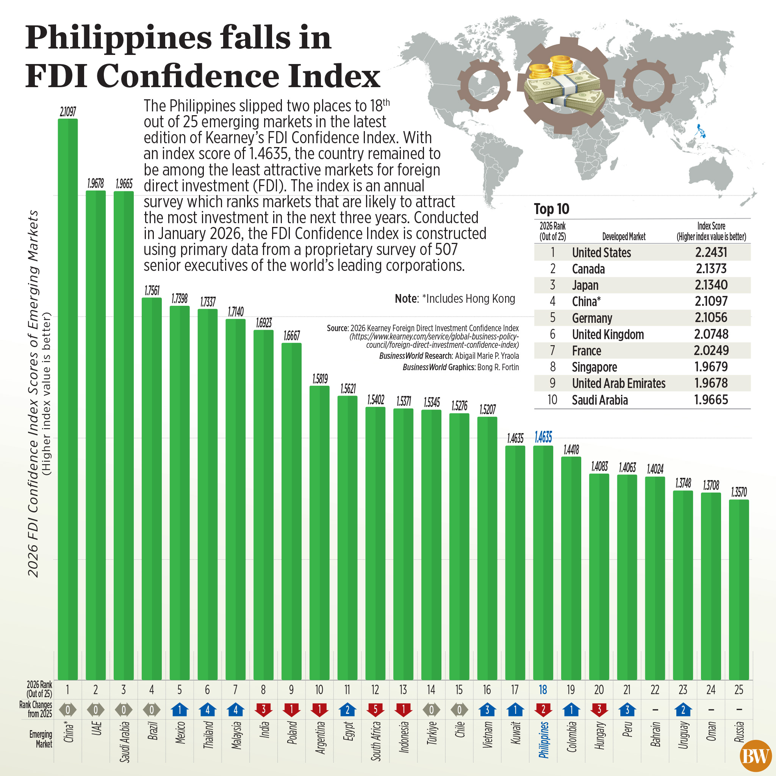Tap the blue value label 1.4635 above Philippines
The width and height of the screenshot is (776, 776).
point(543,437)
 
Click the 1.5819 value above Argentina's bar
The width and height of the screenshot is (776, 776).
point(320,379)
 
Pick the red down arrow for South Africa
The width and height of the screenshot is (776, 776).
point(375,710)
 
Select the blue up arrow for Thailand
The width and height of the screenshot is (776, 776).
point(207,710)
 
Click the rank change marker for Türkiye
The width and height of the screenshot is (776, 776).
point(431,710)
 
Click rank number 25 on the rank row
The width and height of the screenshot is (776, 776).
point(738,690)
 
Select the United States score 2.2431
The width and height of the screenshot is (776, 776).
point(711,252)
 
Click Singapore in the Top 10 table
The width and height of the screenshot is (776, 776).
point(594,367)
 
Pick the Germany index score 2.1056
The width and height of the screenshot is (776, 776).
point(711,318)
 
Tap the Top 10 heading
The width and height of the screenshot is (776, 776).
point(551,209)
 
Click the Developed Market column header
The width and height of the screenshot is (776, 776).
point(623,236)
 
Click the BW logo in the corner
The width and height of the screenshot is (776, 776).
point(755,756)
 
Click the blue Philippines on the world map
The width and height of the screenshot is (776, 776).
point(701,131)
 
